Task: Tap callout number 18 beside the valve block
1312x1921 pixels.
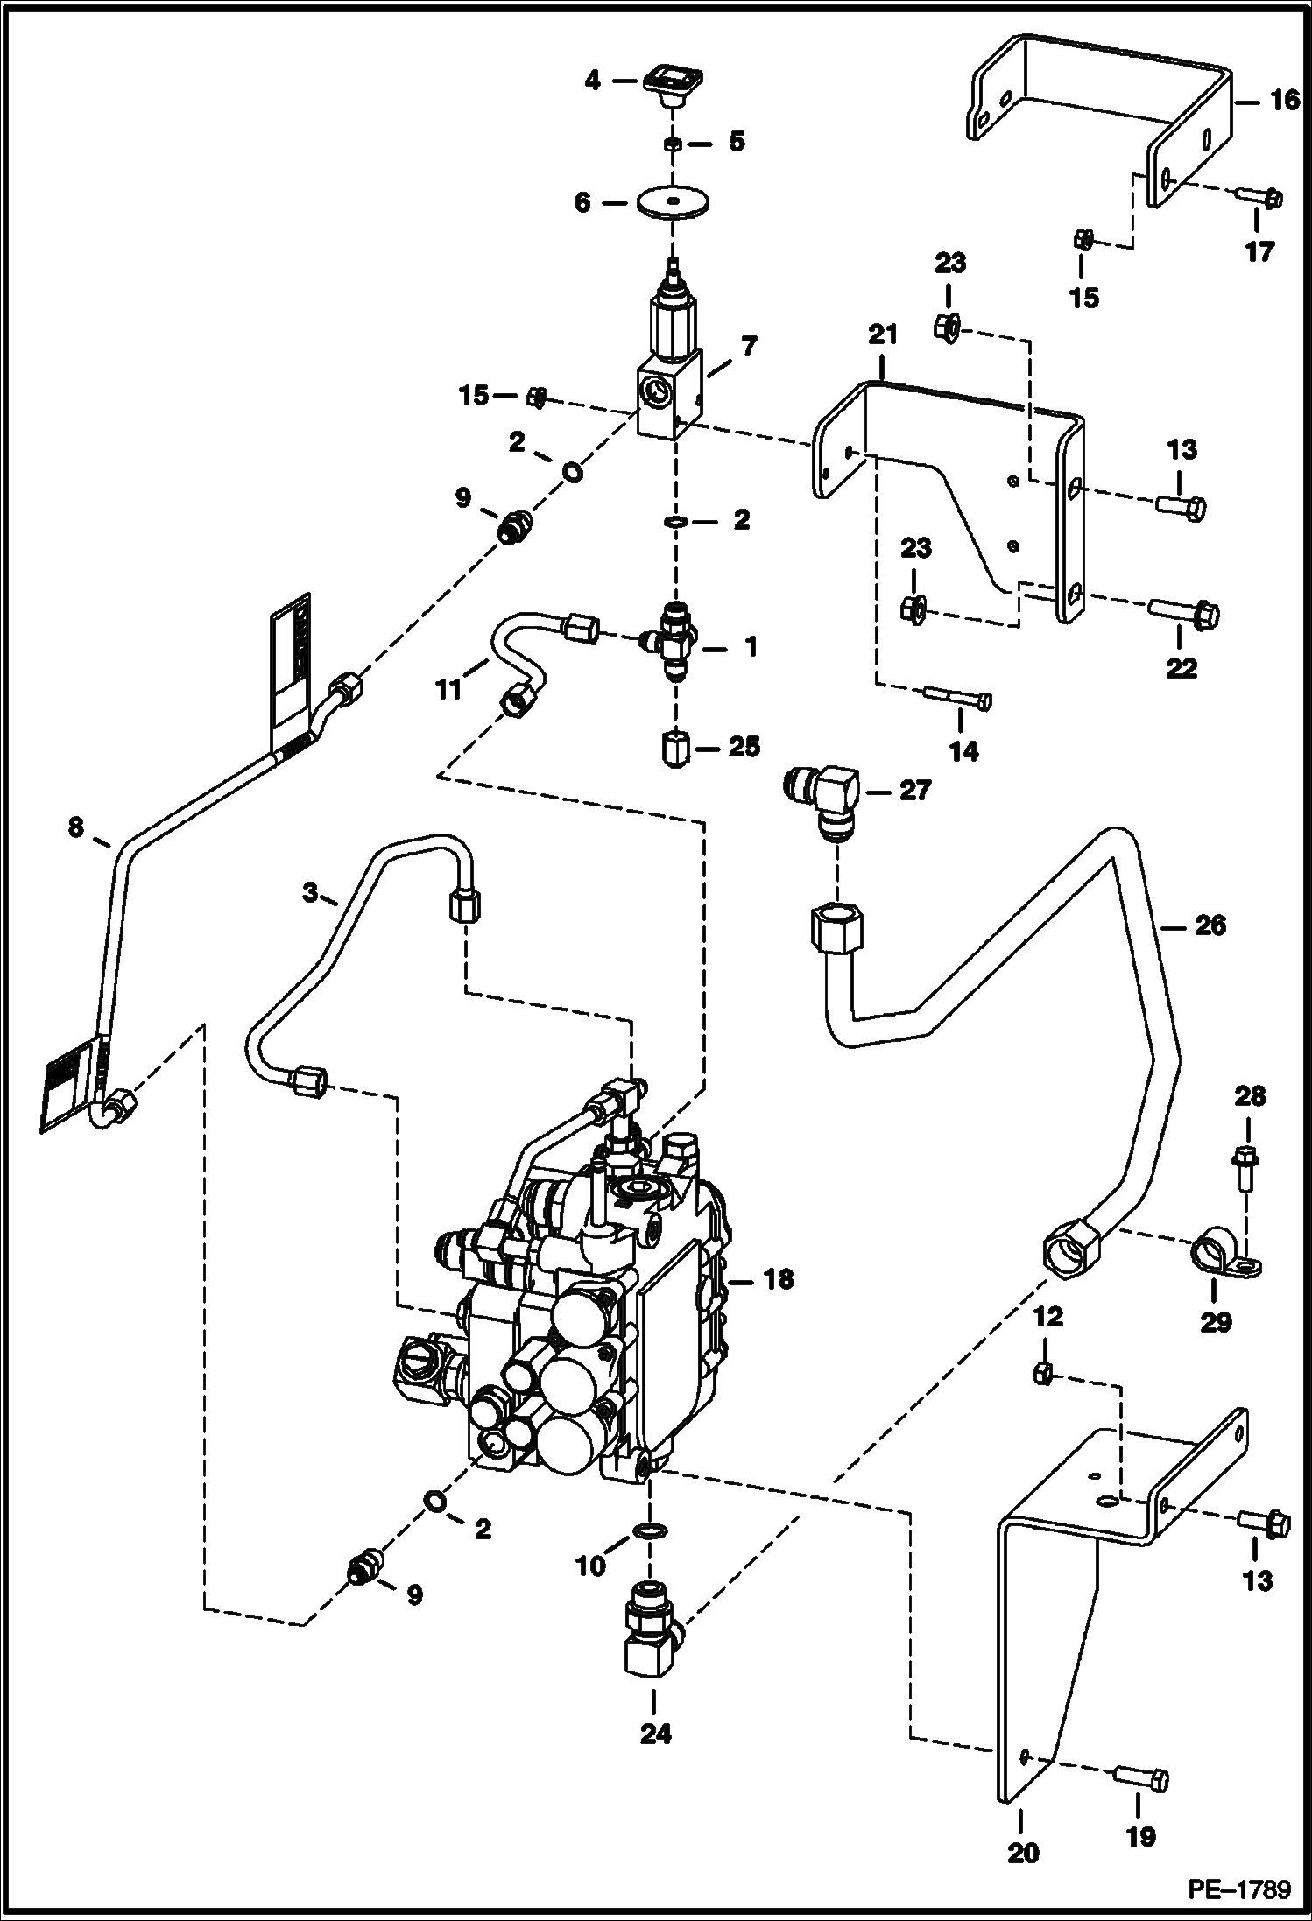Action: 778,1280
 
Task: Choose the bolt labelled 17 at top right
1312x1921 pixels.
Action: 1259,199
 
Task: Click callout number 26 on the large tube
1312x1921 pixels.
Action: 1210,925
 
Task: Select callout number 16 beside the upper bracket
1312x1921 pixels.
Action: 1286,101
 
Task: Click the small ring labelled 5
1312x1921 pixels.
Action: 673,143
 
